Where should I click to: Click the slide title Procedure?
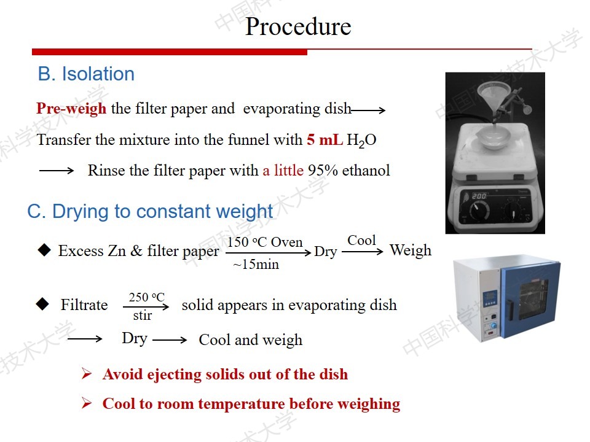coord(298,26)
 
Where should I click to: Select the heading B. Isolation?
coord(86,74)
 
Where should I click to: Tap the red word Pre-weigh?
coord(71,109)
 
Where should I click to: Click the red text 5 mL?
coord(324,140)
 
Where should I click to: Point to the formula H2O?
coord(361,141)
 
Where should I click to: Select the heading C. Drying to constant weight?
coord(150,211)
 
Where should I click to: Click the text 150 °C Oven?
coord(265,242)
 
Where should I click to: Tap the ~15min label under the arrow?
coord(256,264)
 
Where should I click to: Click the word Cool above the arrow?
coord(361,240)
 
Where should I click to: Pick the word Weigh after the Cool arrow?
coord(411,250)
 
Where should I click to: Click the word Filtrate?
coord(84,305)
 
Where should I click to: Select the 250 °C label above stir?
coord(147,297)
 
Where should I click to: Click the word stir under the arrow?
coord(143,316)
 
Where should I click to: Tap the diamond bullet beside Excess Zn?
coord(44,250)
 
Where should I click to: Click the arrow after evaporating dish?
coord(368,110)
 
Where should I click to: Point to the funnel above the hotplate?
coord(494,99)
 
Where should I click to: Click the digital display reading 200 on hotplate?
coord(479,196)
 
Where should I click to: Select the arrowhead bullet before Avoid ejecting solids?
coord(87,374)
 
